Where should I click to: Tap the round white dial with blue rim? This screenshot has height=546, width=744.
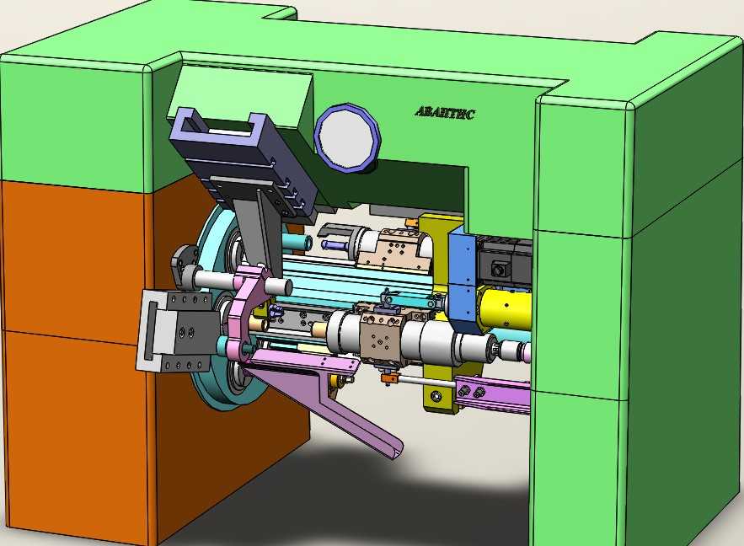(x=348, y=136)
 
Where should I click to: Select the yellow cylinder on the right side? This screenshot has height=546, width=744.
(x=505, y=308)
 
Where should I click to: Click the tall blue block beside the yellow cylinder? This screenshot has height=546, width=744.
(x=463, y=281)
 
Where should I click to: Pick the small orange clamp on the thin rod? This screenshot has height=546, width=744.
(x=389, y=378)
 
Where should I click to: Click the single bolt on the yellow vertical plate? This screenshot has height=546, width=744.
(x=436, y=395)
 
